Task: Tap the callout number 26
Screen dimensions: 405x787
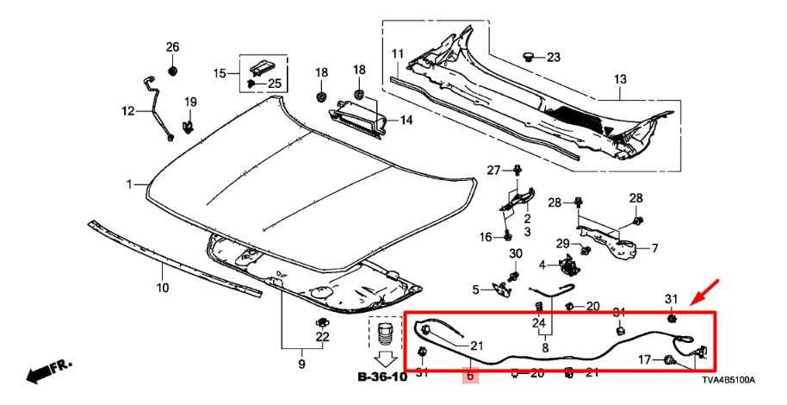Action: [172, 47]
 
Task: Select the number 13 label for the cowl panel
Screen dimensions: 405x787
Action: [621, 80]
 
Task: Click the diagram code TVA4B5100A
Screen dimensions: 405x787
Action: [728, 380]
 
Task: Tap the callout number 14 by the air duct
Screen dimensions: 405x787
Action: [406, 120]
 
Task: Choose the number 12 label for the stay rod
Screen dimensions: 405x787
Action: [128, 110]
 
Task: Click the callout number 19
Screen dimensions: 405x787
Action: [190, 103]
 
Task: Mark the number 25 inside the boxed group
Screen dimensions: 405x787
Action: [274, 84]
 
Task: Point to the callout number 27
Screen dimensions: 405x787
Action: [493, 169]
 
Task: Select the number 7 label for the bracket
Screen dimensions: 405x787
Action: [654, 249]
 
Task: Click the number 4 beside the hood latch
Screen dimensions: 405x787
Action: [542, 264]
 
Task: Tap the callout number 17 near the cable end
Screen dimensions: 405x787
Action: [642, 359]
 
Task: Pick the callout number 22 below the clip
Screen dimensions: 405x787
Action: [322, 337]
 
